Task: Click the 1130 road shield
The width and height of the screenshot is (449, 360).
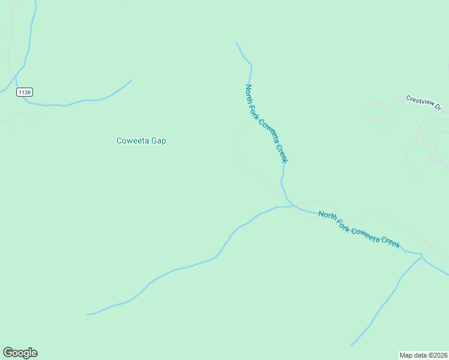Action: point(25,92)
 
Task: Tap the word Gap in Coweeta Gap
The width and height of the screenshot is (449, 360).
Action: point(158,141)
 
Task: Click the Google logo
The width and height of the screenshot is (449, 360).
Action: point(20,353)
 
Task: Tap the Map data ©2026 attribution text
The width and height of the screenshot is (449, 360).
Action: point(424,355)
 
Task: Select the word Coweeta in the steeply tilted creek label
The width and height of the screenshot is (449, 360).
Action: point(268,132)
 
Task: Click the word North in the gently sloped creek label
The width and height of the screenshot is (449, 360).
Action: point(327,216)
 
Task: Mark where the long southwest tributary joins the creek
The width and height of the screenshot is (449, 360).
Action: point(292,206)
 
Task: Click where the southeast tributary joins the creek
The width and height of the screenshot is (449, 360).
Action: point(422,256)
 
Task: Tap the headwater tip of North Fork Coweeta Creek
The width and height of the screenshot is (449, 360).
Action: point(237,43)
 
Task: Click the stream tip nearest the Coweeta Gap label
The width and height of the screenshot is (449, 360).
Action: point(131,80)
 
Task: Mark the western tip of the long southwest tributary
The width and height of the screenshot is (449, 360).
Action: point(88,314)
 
